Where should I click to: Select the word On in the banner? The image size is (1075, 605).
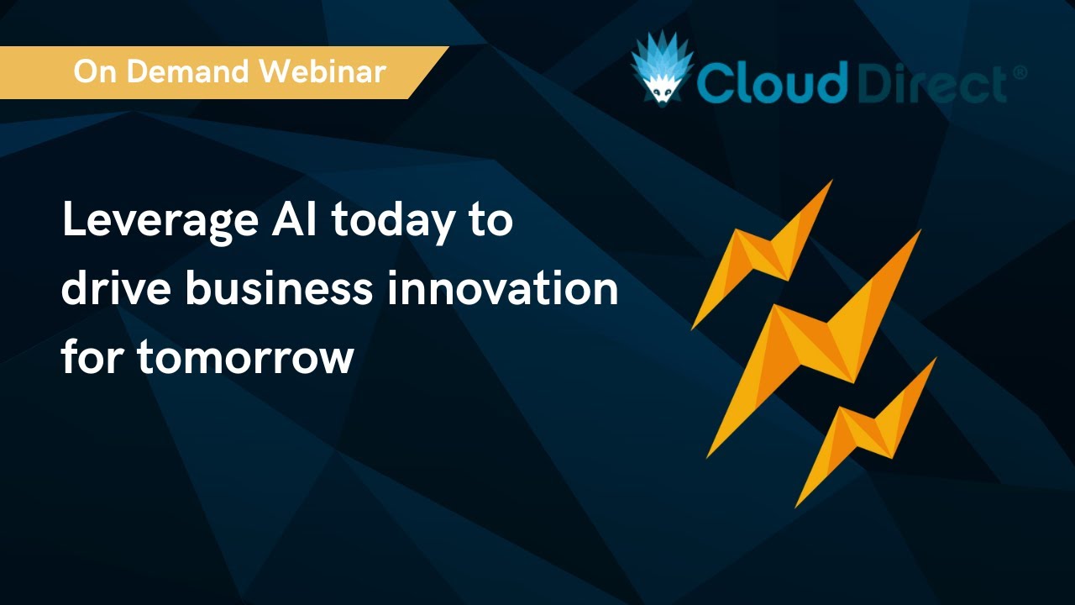pos(93,71)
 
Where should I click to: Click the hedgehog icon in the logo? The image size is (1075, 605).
pos(663,71)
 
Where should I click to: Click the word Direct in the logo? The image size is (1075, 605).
pos(932,83)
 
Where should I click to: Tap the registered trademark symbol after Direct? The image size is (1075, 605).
pos(1020,73)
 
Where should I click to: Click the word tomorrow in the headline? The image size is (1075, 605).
pos(245,358)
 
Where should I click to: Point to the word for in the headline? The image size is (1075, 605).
pos(92,356)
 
